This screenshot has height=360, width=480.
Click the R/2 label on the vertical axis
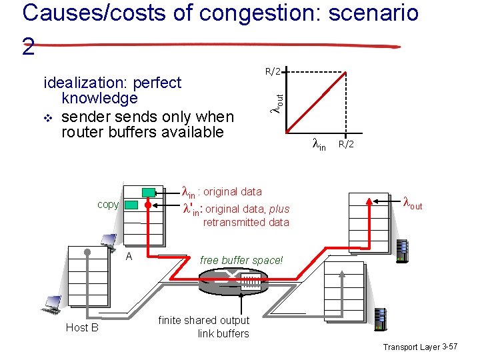(x=273, y=71)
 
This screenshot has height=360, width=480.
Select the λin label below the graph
(x=319, y=143)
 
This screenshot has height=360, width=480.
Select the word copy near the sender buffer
(x=108, y=204)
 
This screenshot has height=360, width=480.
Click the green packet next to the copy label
(x=131, y=205)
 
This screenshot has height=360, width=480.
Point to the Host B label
(x=82, y=327)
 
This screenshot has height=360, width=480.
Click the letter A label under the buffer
(x=129, y=256)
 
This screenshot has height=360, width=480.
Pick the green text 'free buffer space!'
(x=241, y=260)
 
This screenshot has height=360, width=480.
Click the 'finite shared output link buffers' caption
(x=204, y=327)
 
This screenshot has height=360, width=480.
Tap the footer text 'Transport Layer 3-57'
(x=420, y=347)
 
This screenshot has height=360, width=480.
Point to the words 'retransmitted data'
(x=246, y=222)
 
